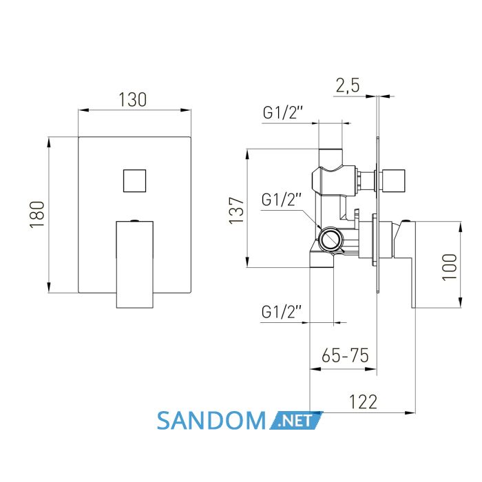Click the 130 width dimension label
point(133,100)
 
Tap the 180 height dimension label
point(37,214)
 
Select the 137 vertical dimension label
point(236,211)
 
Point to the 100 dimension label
point(449,266)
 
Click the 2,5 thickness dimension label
point(347,85)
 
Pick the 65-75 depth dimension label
point(345,356)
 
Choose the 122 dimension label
point(363,401)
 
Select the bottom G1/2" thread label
point(282,312)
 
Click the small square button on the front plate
point(135,180)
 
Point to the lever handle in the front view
point(135,264)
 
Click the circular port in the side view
point(331,239)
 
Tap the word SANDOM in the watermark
point(211,421)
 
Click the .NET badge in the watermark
point(296,421)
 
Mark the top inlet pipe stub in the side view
point(331,158)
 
